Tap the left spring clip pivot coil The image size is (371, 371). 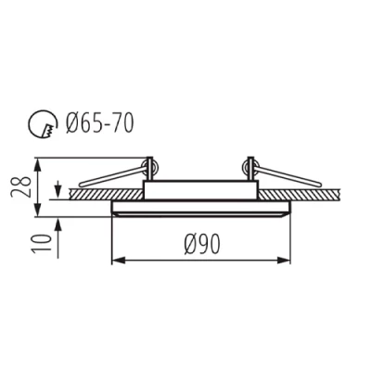pos(147,168)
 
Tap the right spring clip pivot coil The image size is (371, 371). pos(249,167)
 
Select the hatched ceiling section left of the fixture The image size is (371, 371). pos(88,196)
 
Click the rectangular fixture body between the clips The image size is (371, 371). pos(198,189)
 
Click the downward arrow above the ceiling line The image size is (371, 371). pos(58,185)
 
